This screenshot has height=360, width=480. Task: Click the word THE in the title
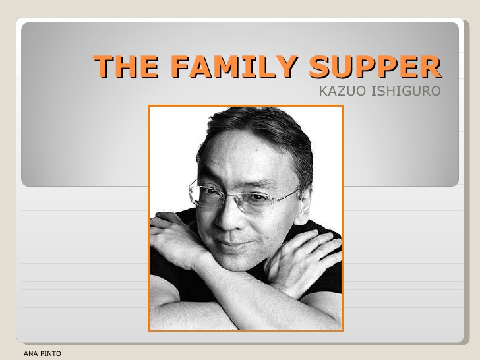tap(126, 67)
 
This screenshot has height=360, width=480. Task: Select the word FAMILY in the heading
tap(234, 67)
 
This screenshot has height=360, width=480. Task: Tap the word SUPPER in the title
tap(375, 67)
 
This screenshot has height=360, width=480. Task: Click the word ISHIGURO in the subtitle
tap(406, 91)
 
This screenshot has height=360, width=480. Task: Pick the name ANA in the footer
tap(30, 354)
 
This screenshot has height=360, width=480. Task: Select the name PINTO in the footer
tap(51, 354)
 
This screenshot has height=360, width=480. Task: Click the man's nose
tap(227, 219)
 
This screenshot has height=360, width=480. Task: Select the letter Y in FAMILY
tap(287, 67)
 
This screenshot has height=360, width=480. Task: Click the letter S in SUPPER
tap(320, 67)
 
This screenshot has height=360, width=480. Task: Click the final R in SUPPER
tap(431, 67)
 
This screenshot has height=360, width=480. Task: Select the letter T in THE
tap(104, 67)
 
